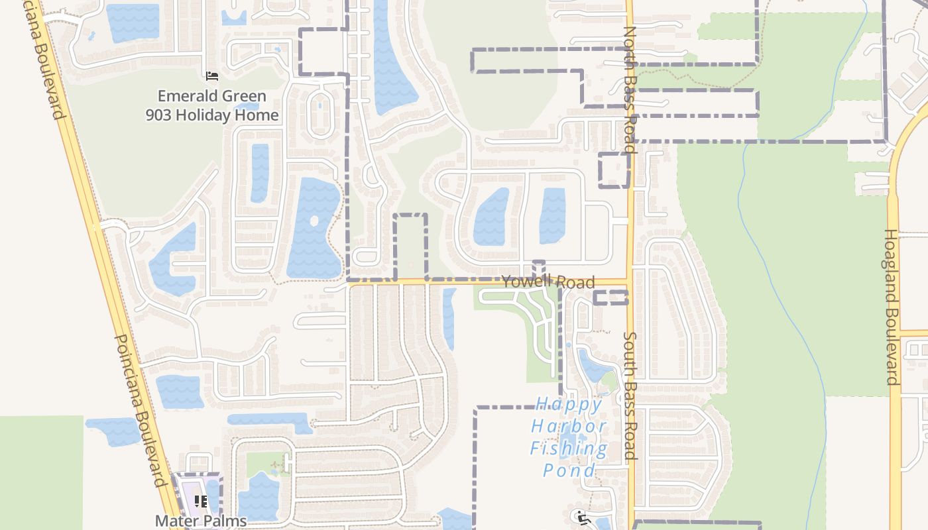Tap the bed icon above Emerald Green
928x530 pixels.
[212, 76]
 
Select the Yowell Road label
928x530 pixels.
[548, 282]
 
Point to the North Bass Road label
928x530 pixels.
[630, 89]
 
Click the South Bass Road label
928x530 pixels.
[630, 396]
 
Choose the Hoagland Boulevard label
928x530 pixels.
[892, 307]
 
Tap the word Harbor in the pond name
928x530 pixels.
[569, 426]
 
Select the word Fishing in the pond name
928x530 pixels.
[569, 449]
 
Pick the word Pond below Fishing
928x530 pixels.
[569, 470]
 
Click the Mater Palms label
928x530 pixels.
[201, 521]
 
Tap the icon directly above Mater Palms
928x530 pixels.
[201, 502]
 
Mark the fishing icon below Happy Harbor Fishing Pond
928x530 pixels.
[583, 517]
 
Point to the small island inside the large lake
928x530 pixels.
[314, 221]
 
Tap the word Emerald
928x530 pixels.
[184, 96]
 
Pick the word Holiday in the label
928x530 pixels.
[206, 115]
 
